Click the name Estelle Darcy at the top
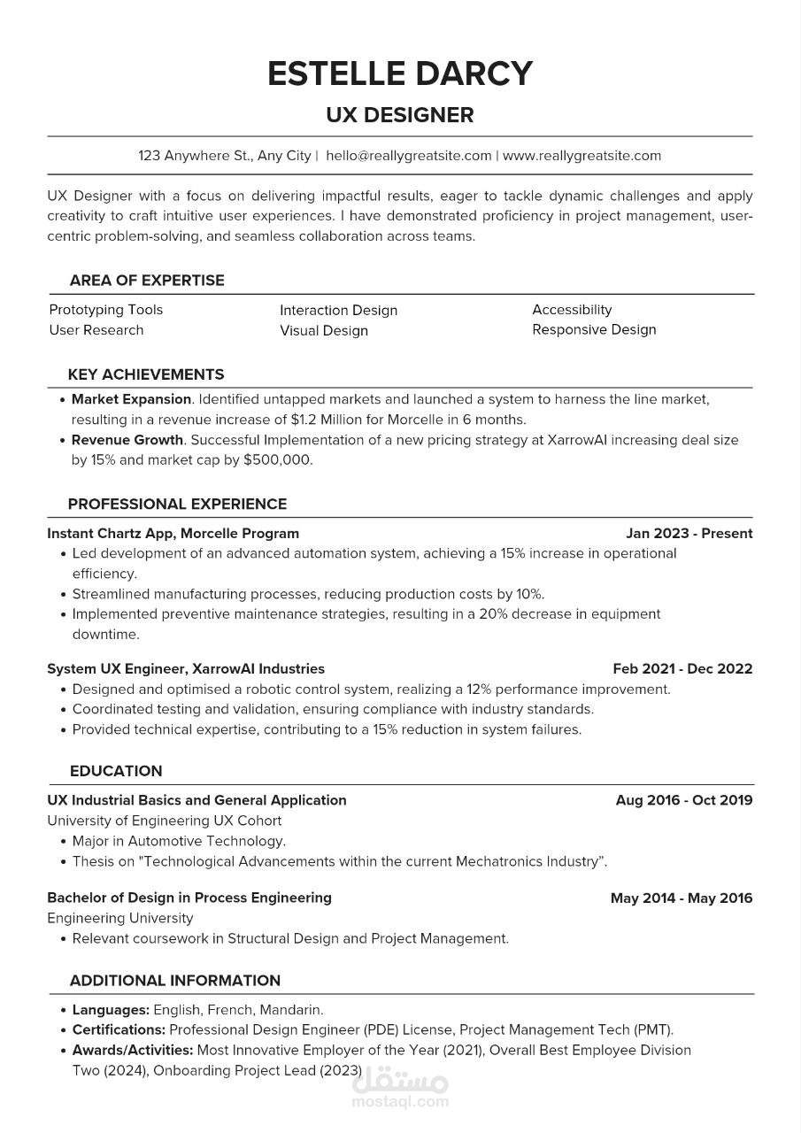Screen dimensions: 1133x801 (x=400, y=73)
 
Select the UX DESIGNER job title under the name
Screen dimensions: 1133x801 (x=400, y=115)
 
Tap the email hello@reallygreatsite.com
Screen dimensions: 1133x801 (x=408, y=156)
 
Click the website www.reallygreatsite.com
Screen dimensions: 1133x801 (x=581, y=156)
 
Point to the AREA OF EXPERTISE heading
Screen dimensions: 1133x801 (x=147, y=281)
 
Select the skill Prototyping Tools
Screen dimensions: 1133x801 (x=106, y=310)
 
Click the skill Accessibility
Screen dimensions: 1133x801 (x=572, y=310)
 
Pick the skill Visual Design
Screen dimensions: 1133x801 (x=324, y=331)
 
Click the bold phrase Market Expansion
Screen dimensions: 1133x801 (x=131, y=399)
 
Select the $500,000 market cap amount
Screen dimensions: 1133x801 (x=277, y=460)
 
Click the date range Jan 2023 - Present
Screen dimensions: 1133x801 (x=689, y=534)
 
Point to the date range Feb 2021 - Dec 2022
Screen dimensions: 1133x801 (x=682, y=669)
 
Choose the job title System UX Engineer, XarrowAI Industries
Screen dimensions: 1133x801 (x=186, y=669)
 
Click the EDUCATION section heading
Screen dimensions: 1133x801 (x=116, y=771)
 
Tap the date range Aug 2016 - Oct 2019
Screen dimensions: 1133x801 (x=684, y=800)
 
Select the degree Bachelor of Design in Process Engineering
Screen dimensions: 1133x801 (x=189, y=898)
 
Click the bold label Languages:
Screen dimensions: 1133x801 (x=111, y=1010)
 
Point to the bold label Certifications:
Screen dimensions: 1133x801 (x=119, y=1030)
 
